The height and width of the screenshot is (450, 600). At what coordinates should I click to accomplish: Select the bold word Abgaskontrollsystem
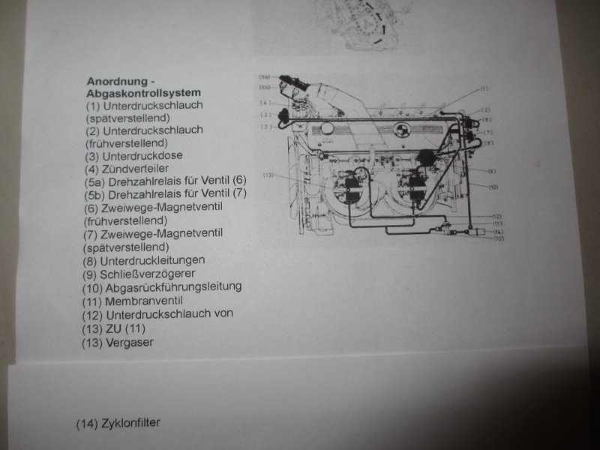click(144, 94)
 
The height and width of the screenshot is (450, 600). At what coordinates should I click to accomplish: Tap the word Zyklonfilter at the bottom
click(130, 422)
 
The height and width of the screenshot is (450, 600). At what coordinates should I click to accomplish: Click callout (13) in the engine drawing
click(271, 175)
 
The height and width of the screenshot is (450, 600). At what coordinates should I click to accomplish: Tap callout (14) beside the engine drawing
click(496, 232)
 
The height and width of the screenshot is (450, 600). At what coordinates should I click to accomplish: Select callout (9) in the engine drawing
click(491, 172)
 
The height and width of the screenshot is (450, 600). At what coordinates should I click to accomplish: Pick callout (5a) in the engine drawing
click(265, 77)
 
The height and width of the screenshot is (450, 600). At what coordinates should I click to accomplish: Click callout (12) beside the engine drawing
click(496, 216)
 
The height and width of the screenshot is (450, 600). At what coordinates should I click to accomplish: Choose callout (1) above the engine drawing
click(484, 89)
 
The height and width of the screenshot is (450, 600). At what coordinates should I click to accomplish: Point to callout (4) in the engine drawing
click(265, 103)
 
